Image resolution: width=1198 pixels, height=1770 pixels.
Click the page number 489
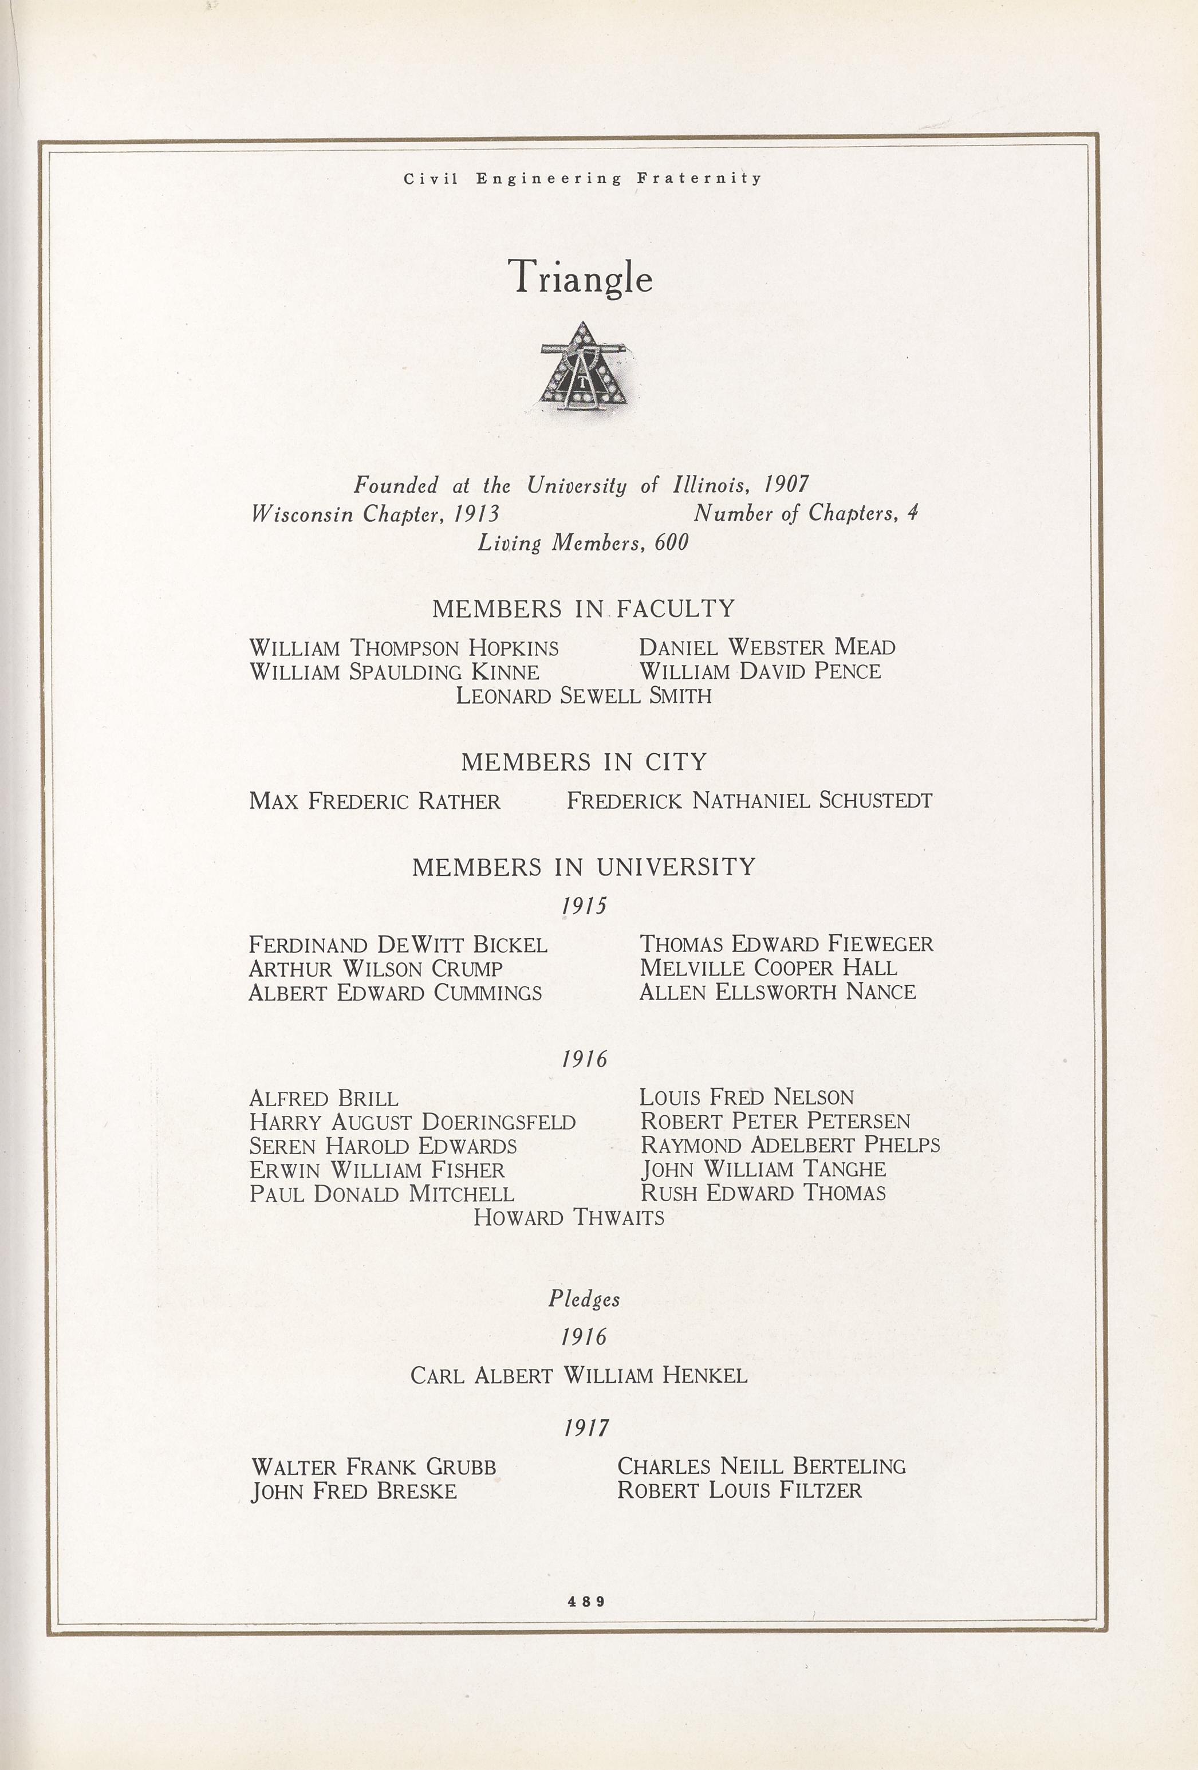(x=586, y=1601)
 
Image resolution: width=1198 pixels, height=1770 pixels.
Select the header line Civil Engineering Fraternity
(x=582, y=179)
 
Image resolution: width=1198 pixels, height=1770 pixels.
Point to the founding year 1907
(x=786, y=485)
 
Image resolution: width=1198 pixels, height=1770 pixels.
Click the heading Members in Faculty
(x=584, y=608)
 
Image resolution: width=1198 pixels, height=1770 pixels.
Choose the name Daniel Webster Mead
(x=767, y=647)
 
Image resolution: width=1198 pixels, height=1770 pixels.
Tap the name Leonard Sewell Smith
(x=584, y=695)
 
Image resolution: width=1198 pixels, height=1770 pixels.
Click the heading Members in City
(x=584, y=762)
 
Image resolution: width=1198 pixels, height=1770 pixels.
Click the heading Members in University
(x=584, y=867)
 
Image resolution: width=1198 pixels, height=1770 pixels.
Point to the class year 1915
(x=584, y=906)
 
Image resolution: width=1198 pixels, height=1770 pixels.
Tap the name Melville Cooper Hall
(x=768, y=968)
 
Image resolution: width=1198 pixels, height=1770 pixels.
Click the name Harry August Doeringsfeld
(x=412, y=1122)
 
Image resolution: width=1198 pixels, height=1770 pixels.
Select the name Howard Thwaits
(x=568, y=1217)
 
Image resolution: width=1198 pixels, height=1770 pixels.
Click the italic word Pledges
(x=584, y=1299)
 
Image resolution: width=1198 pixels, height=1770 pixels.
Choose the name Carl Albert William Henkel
(x=579, y=1375)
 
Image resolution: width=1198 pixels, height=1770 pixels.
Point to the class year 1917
(x=586, y=1427)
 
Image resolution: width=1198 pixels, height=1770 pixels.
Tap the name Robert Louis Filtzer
(x=739, y=1490)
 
